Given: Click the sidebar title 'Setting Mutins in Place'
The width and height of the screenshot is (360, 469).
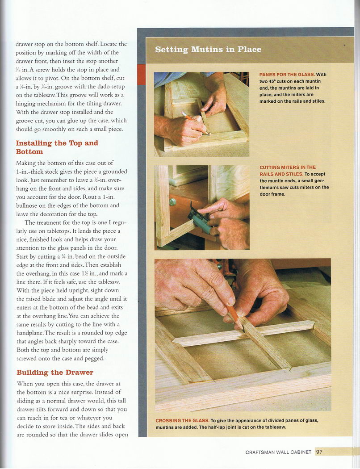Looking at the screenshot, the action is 208,49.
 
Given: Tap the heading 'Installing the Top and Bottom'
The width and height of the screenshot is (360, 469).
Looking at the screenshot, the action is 57,147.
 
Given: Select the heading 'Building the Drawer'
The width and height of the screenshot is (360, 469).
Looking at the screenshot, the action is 55,373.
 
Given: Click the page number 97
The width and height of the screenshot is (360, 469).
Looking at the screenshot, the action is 319,452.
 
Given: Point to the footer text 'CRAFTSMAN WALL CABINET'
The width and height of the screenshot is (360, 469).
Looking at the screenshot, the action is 278,452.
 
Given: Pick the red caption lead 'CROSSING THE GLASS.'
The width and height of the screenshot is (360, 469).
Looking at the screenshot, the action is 182,421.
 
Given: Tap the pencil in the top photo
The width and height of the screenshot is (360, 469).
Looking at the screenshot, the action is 194,122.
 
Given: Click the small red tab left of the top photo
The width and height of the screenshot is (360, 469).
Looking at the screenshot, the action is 142,75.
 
